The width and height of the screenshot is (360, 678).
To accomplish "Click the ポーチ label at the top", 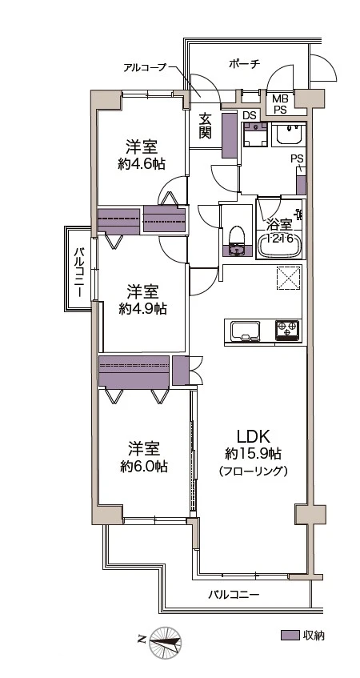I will [244, 65].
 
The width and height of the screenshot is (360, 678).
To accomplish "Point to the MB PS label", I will [280, 103].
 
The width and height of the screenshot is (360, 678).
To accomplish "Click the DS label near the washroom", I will [250, 115].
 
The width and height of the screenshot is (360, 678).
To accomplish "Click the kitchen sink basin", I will [243, 330].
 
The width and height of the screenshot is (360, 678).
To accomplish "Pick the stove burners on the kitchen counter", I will [286, 328].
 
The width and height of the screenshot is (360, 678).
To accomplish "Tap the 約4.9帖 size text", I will [142, 307].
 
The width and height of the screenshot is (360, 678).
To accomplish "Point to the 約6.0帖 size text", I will [143, 466].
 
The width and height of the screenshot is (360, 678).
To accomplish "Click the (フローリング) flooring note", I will [252, 472].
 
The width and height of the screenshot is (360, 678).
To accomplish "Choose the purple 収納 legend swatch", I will [290, 636].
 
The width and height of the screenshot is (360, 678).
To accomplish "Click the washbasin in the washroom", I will [286, 134].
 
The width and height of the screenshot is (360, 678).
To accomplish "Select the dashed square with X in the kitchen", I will [287, 278].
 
